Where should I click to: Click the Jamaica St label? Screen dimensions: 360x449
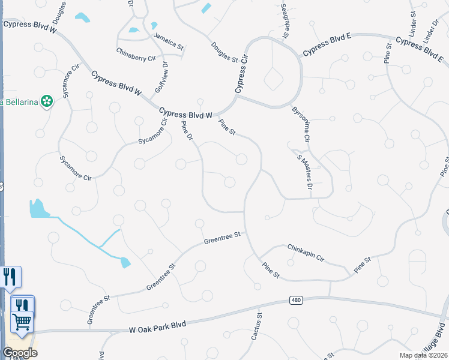pyautogui.click(x=168, y=40)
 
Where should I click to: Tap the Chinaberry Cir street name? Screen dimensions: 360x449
pyautogui.click(x=136, y=55)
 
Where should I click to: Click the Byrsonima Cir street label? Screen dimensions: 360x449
pyautogui.click(x=300, y=125)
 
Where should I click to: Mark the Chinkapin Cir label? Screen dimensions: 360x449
pyautogui.click(x=306, y=252)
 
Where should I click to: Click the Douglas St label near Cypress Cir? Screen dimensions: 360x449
pyautogui.click(x=224, y=52)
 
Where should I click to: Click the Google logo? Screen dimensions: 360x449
pyautogui.click(x=20, y=352)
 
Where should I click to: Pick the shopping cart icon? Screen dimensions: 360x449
pyautogui.click(x=22, y=322)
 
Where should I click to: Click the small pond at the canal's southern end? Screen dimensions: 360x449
pyautogui.click(x=125, y=262)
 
